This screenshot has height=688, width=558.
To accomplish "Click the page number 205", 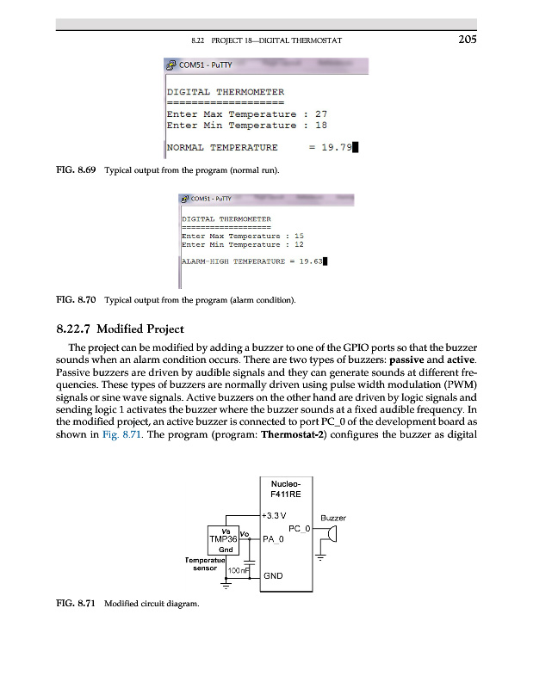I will [x=468, y=39].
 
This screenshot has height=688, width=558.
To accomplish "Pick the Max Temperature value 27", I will [x=321, y=114].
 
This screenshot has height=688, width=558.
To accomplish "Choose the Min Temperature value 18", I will [x=321, y=125].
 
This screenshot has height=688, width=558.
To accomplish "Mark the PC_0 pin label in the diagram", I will [x=298, y=528].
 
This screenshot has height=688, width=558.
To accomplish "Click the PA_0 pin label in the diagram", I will [x=274, y=539].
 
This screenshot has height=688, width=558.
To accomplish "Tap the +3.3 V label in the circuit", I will [x=276, y=516].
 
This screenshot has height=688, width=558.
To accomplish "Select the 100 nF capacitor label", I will [x=238, y=572].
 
